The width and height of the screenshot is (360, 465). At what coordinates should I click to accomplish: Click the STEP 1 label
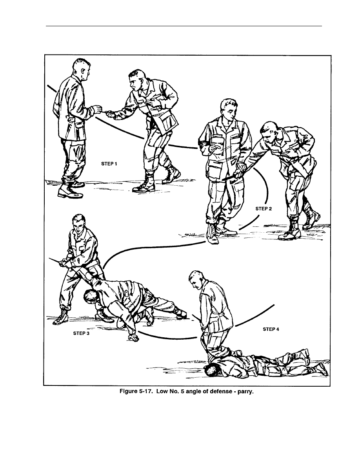pyautogui.click(x=109, y=164)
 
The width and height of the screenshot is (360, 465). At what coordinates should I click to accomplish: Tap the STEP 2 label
pyautogui.click(x=264, y=209)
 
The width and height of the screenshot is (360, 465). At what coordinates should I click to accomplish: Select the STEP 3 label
pyautogui.click(x=81, y=333)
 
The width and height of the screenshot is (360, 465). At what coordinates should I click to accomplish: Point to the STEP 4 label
pyautogui.click(x=271, y=329)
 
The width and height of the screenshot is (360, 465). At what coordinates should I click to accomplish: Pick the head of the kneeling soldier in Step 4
pyautogui.click(x=196, y=280)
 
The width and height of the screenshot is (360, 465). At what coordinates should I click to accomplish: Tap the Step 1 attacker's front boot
pyautogui.click(x=144, y=185)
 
